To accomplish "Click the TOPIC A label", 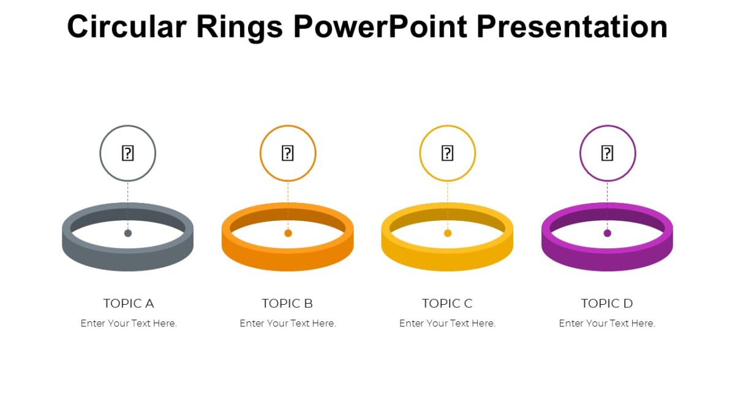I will [129, 303].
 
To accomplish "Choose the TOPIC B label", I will [287, 303].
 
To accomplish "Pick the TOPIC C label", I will [447, 303].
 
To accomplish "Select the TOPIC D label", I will [607, 303].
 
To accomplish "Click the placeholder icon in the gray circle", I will [127, 153].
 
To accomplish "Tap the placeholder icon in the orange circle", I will [287, 153].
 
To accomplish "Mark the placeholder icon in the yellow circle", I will [447, 153].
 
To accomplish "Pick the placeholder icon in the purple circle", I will [607, 153].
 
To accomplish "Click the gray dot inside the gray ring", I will [128, 233].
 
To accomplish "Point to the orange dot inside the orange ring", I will [288, 233].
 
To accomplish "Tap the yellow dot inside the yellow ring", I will [448, 233].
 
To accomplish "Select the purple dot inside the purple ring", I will [608, 233].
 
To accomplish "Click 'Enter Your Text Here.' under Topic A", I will [129, 323].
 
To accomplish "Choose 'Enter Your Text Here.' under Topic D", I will [607, 323].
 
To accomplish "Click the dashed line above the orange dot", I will [288, 205].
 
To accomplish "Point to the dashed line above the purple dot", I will [608, 205].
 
